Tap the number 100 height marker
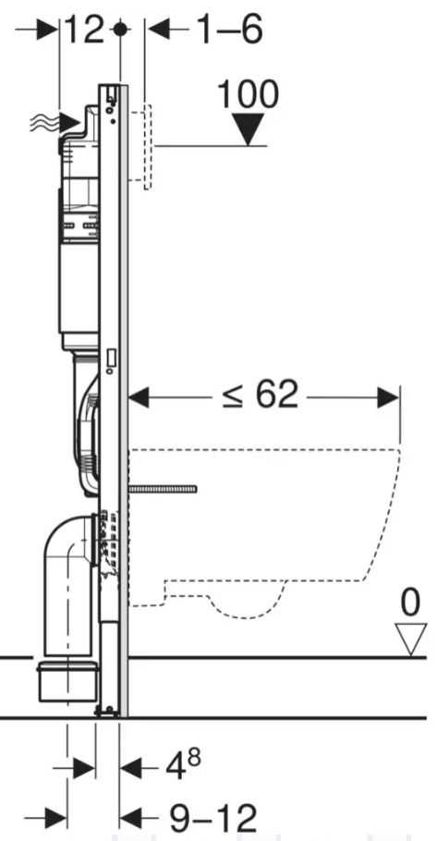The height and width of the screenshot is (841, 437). (x=248, y=95)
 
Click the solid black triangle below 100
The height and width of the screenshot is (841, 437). (x=248, y=128)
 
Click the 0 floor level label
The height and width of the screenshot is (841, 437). (x=411, y=602)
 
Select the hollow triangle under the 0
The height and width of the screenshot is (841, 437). (x=411, y=639)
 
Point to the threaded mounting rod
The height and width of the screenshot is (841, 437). (x=163, y=489)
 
